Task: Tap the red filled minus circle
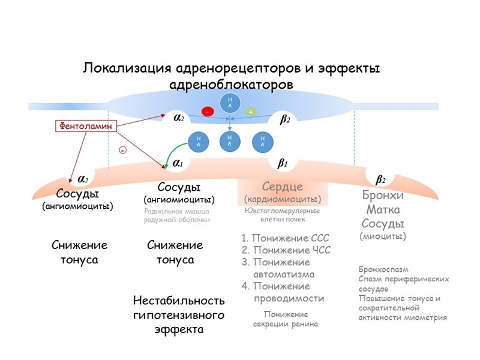point(208,112)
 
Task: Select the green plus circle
point(250,112)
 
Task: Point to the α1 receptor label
point(178,163)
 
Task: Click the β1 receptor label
point(283,163)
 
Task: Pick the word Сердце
point(283,187)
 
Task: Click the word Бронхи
point(383,196)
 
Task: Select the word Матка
point(383,210)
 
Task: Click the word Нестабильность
point(179,301)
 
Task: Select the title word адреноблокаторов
point(232,85)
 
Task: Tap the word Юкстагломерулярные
point(282,211)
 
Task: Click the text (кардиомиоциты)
point(283,199)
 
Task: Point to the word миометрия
point(426,317)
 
